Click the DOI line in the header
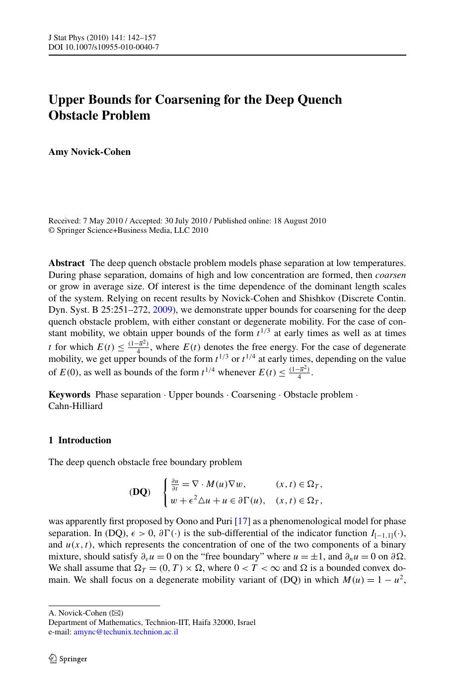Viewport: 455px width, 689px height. click(103, 47)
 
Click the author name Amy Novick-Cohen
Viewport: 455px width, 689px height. click(89, 152)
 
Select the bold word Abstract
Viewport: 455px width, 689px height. click(67, 263)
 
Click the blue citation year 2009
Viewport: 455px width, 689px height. click(162, 310)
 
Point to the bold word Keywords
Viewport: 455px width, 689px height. click(70, 395)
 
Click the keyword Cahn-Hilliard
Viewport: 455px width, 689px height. click(76, 406)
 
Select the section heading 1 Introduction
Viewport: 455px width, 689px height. click(80, 440)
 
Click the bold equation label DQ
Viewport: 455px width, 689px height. click(140, 492)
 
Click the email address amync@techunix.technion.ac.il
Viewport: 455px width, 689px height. click(126, 632)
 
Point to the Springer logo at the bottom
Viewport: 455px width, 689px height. click(68, 659)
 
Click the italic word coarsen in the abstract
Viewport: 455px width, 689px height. click(390, 275)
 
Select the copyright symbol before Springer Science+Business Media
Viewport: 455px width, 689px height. click(51, 230)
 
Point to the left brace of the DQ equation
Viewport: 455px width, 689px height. click(165, 492)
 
